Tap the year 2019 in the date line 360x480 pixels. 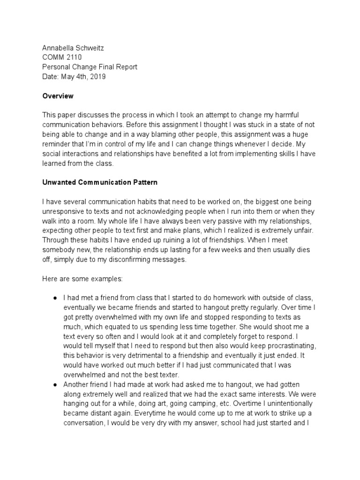coord(97,77)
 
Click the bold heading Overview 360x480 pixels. coord(58,96)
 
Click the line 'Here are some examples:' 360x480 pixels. coord(82,278)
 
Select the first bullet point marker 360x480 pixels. coord(55,299)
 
